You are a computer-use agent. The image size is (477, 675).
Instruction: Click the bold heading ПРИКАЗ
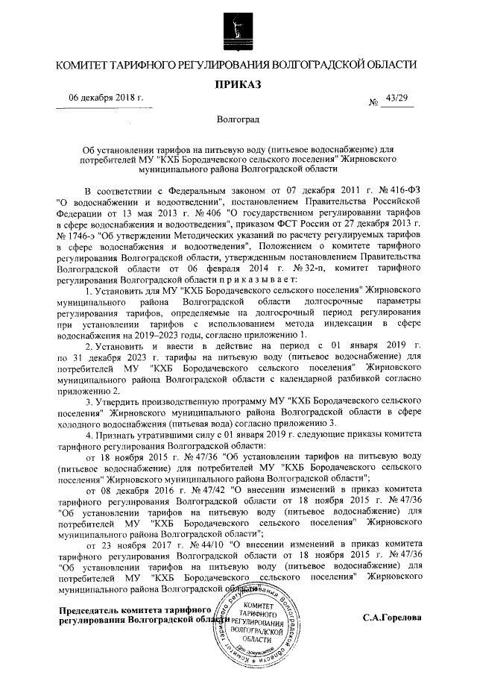238,85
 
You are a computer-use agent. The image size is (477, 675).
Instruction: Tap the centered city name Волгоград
238,119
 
